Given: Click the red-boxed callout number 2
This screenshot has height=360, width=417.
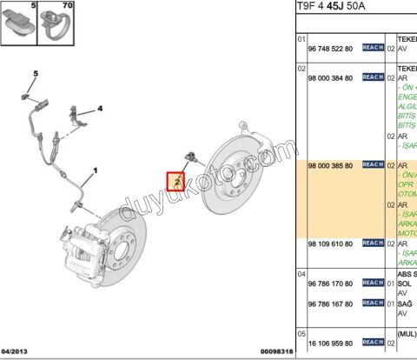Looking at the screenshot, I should pos(175,182).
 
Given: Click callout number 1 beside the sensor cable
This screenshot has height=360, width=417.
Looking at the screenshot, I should pos(96,170).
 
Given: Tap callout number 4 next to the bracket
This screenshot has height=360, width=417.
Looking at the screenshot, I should pos(100,109).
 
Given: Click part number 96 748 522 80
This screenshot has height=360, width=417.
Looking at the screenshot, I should pos(330,49).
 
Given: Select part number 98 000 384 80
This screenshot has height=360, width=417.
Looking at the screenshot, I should pos(330,77).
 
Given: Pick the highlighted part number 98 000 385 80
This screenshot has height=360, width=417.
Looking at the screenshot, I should pos(330,164).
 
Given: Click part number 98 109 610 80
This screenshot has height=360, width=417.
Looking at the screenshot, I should pos(330,245).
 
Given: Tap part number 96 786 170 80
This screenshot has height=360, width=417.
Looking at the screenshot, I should pos(330,283).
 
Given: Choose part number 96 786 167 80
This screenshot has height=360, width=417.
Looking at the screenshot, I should pos(330,303).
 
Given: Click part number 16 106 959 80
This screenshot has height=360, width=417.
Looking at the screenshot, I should pos(330,342).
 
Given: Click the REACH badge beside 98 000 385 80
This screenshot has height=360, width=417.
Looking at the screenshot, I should pos(372,164).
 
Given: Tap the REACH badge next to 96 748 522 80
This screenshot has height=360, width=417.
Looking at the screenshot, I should pos(372,49).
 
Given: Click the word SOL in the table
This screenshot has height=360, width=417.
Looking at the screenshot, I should pos(404,283).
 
